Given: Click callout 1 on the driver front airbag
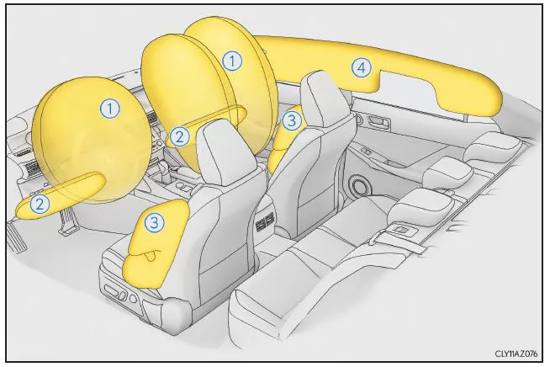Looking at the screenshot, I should [x=108, y=107].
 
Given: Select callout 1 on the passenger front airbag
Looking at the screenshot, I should [x=232, y=60].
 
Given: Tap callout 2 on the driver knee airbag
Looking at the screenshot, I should [x=39, y=202].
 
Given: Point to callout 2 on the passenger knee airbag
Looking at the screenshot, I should [x=178, y=135].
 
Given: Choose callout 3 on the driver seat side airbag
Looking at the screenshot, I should [x=154, y=222].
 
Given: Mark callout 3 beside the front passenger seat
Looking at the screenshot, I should [x=291, y=120].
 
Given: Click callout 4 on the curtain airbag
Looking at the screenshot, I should [x=360, y=66].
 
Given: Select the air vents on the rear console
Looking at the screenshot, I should [x=264, y=222].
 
